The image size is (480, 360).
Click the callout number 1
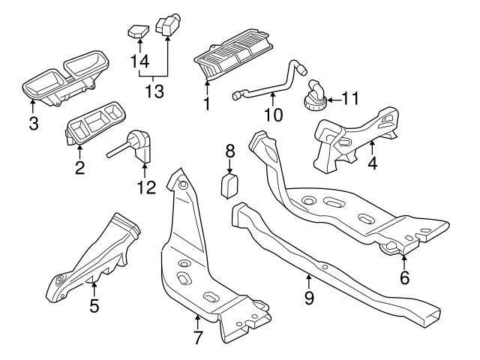point(207,103)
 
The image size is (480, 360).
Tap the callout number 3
point(33,123)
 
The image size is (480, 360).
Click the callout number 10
point(273,115)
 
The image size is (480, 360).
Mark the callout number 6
point(404,278)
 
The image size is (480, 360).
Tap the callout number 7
point(197,337)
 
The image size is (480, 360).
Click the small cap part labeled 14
point(135,31)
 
